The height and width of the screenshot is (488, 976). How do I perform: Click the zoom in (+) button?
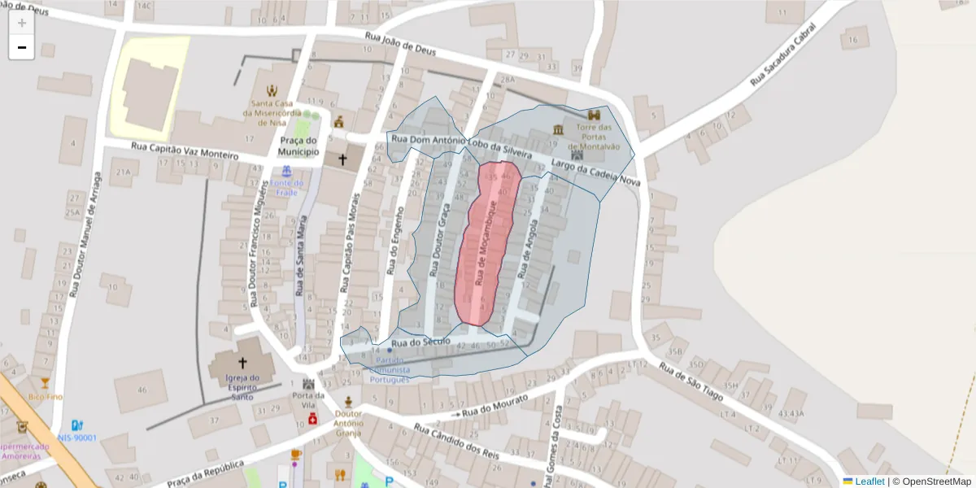22,23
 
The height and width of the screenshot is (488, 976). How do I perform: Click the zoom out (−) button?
22,47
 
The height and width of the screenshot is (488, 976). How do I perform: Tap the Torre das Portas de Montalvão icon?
594,115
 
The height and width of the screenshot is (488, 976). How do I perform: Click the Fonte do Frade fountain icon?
286,172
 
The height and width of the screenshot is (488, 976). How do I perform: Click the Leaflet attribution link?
869,481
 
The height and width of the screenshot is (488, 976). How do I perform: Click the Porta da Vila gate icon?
308,383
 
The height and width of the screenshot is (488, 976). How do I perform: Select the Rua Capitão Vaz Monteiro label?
185,150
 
